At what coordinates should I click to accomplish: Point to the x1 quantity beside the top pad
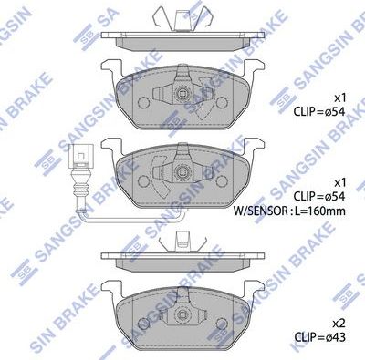pyautogui.click(x=340, y=97)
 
